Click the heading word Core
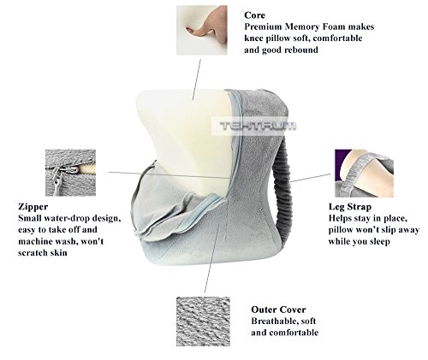coord(255,15)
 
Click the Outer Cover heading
coord(278,309)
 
